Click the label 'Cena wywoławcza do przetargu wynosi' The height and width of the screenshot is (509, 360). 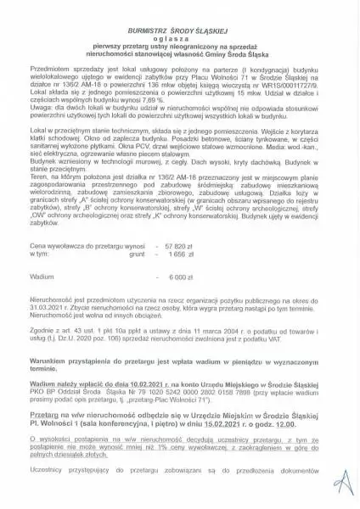[x=82, y=243]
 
